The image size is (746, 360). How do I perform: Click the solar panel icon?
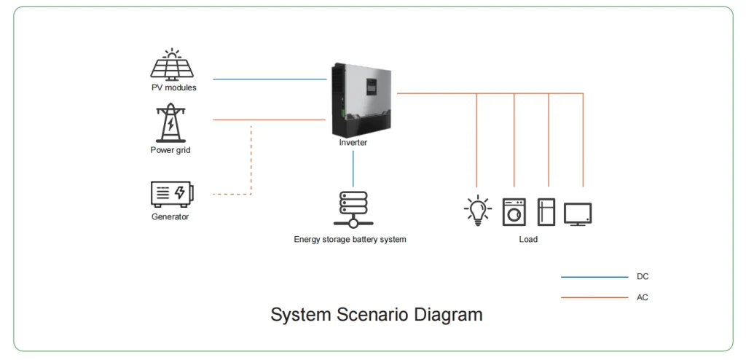[x=172, y=66]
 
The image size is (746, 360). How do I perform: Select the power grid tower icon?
[x=170, y=122]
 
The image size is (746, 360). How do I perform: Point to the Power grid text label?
[x=170, y=150]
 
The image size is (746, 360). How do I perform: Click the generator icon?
[x=172, y=194]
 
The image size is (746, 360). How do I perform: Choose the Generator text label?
[x=170, y=216]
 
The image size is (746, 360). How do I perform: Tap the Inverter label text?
[x=353, y=143]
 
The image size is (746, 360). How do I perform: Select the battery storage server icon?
[x=353, y=209]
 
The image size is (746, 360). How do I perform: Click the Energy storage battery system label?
[x=350, y=239]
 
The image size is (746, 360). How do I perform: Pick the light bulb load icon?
[x=477, y=211]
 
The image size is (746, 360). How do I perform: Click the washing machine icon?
[x=514, y=211]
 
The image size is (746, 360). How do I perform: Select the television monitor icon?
[x=578, y=214]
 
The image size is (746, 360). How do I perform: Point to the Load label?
[x=528, y=239]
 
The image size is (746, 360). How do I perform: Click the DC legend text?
[x=642, y=277]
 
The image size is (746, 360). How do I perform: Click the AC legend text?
[x=642, y=297]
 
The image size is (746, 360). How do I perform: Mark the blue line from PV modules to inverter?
[x=270, y=79]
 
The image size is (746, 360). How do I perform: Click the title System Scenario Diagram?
[x=376, y=315]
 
